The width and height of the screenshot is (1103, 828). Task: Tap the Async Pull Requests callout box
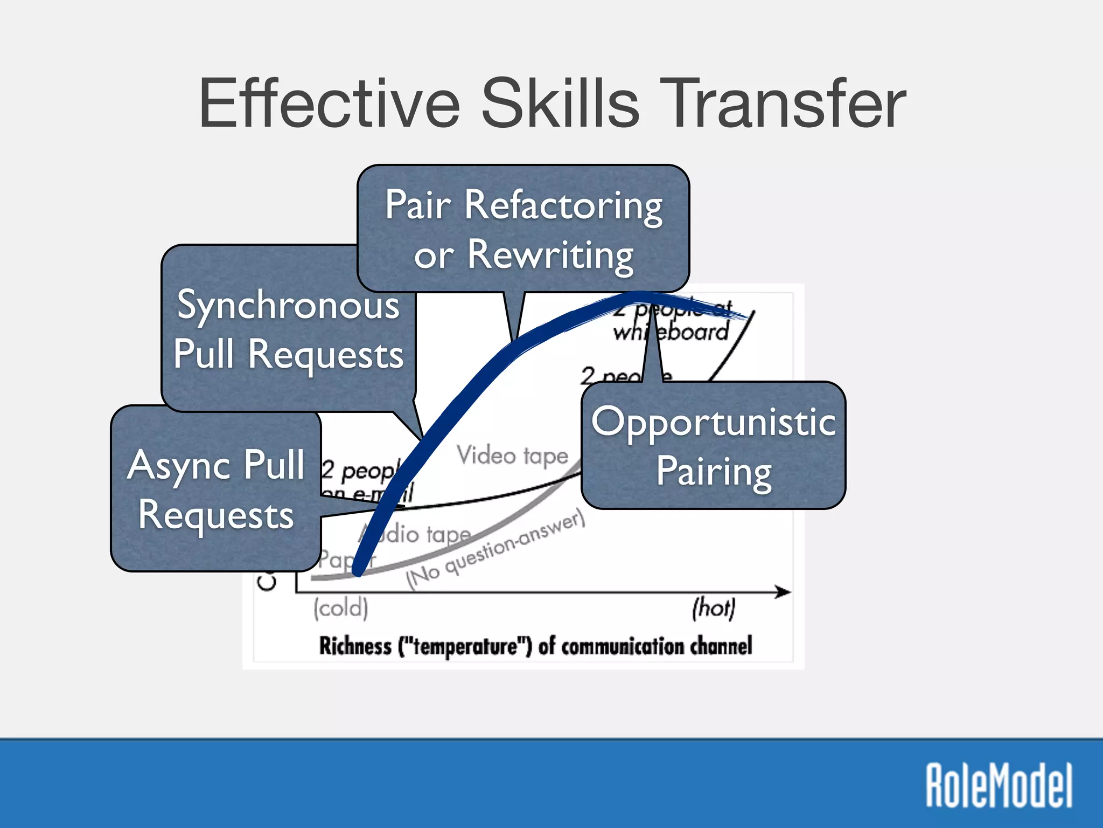point(215,488)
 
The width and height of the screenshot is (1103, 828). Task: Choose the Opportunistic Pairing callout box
point(713,445)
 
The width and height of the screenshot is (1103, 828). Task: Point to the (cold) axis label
point(341,608)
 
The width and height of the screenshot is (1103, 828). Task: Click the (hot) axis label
point(713,608)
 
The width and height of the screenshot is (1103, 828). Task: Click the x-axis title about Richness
point(535,646)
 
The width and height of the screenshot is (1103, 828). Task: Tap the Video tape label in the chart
point(512,456)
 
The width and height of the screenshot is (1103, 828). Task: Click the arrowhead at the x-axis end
point(784,592)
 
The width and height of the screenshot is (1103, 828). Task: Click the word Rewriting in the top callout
point(550,254)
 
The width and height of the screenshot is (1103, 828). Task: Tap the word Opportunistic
point(713,422)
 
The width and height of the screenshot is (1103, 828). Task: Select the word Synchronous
point(288,305)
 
